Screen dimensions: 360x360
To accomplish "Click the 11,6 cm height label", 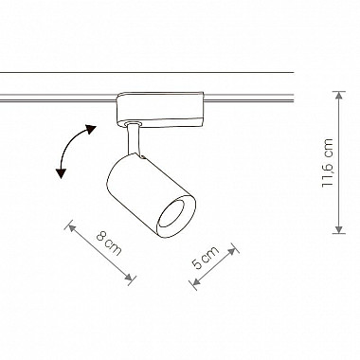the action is [328, 163].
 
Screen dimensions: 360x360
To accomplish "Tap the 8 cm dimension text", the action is [109, 243].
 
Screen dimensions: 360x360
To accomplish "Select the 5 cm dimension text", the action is [206, 257].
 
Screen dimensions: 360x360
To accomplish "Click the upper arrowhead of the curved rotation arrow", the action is [91, 129].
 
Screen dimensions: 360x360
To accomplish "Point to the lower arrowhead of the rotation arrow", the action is [61, 173].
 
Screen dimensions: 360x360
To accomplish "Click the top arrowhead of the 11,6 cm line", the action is [339, 96].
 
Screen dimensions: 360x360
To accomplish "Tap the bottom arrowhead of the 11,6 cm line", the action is [339, 229].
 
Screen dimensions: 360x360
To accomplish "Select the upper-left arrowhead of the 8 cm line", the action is [72, 227].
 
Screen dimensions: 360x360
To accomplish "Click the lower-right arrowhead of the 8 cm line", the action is [129, 278].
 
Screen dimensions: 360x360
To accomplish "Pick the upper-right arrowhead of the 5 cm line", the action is [231, 251].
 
